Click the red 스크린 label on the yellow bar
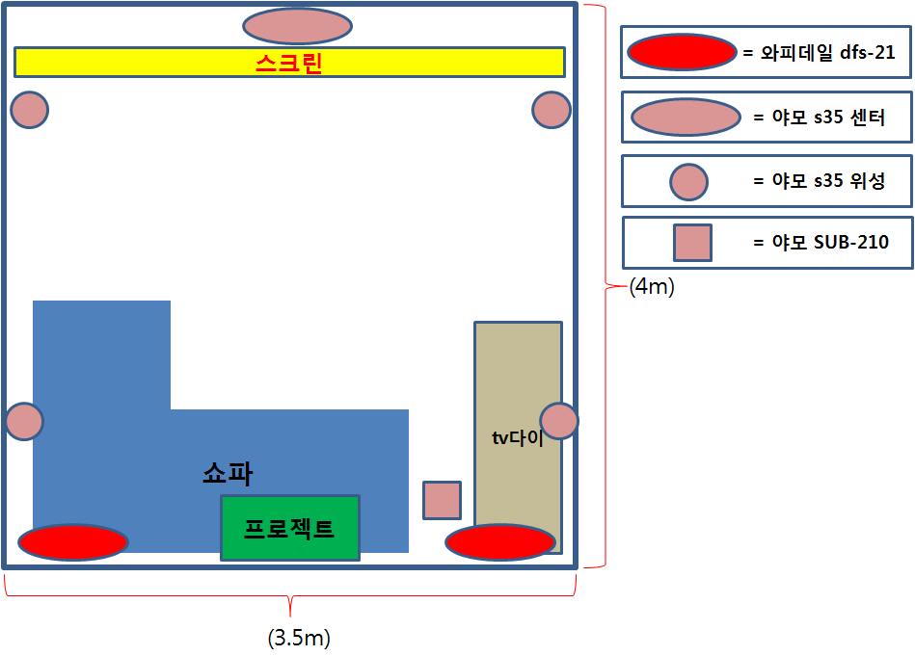pos(288,64)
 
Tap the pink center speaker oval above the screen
pos(297,26)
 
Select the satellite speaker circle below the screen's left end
pos(30,110)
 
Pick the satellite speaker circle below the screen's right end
pos(552,110)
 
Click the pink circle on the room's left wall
pos(24,422)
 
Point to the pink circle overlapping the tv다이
pos(559,421)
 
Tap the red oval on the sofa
pos(73,542)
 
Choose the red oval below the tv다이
pos(500,542)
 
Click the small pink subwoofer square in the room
pos(443,500)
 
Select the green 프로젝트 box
pos(290,527)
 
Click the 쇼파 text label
pos(228,472)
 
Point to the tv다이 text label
pos(518,438)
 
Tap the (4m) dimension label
pos(652,287)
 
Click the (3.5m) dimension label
pos(299,638)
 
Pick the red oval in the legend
pos(682,52)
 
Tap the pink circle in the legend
pos(688,181)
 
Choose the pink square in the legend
pos(692,243)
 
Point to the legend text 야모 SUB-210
pos(821,243)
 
